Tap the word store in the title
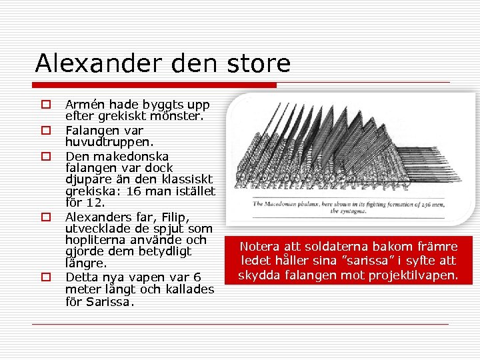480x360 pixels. (x=257, y=63)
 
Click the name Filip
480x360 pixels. (x=175, y=217)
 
